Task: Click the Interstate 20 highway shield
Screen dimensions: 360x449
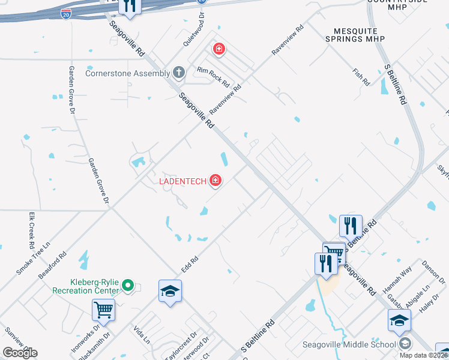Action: (x=65, y=13)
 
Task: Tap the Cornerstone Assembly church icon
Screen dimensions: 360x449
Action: (x=178, y=73)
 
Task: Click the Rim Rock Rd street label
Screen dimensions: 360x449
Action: (x=213, y=76)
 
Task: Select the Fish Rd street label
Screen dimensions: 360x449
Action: (x=361, y=76)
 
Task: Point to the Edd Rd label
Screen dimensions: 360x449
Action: (x=190, y=262)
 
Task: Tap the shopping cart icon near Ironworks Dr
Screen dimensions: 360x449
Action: (x=103, y=310)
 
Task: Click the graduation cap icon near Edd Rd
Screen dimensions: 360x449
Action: (x=170, y=291)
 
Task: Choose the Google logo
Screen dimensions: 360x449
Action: (x=20, y=352)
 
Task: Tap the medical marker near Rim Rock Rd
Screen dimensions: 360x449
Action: (x=219, y=48)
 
